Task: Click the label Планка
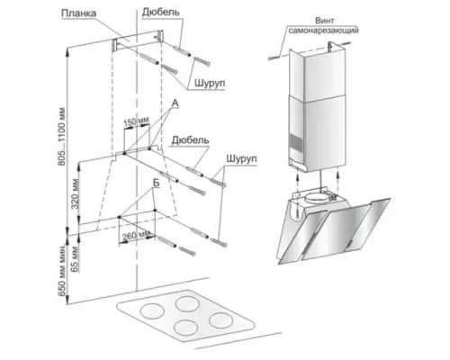pos(79,13)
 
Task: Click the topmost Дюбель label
pos(161,12)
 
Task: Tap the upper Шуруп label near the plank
pos(210,83)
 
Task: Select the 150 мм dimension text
pos(136,122)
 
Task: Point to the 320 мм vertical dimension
pos(75,193)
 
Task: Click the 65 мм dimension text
pos(75,258)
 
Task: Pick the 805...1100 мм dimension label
pos(61,136)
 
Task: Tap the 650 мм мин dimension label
pos(62,271)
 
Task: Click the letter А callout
pos(175,103)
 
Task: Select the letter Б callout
pos(156,184)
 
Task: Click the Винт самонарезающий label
pos(324,25)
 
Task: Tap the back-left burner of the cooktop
pos(152,310)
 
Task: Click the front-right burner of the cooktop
pos(221,320)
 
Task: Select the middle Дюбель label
pos(190,140)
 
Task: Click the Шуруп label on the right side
pos(241,158)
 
